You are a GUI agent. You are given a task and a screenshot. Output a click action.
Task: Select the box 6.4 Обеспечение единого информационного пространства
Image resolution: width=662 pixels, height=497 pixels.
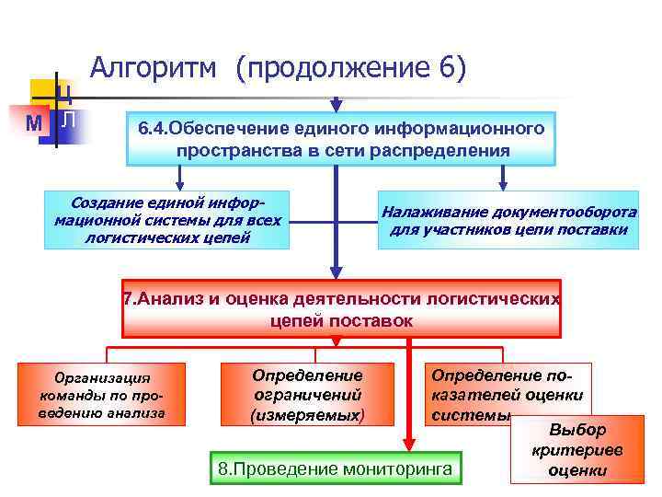341,138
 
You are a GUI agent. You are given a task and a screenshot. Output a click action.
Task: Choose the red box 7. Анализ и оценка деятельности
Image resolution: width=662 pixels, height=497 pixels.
341,310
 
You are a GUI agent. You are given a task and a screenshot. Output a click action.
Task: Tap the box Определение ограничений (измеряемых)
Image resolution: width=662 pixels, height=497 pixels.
307,395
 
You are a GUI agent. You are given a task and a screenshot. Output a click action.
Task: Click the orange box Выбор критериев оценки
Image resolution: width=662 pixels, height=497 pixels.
576,450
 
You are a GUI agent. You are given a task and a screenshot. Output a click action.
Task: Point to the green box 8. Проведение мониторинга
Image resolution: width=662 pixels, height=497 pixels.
335,469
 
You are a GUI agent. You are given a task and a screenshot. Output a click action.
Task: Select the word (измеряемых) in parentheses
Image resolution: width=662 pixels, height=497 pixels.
307,415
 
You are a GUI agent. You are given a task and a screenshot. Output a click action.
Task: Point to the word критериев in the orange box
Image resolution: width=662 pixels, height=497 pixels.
576,451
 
